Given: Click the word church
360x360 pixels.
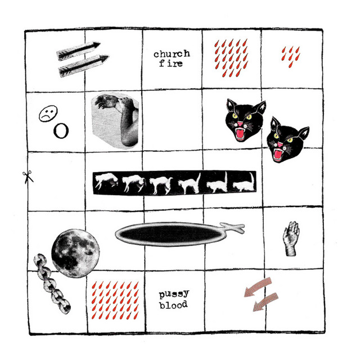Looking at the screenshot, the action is [x=172, y=54].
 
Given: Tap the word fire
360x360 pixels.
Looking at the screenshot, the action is [x=171, y=63].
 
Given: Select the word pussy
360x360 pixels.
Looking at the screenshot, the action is [x=174, y=295].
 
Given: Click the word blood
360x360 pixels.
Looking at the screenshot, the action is [x=174, y=305].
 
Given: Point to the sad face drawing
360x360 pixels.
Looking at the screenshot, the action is [x=48, y=114].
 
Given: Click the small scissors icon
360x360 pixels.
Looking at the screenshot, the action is [x=28, y=177].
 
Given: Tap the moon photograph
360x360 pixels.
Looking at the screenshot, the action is [x=75, y=253].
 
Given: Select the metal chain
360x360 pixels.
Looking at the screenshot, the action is [x=52, y=283].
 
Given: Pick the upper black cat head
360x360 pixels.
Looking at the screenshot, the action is [x=245, y=119].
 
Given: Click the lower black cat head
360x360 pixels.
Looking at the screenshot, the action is [x=287, y=139].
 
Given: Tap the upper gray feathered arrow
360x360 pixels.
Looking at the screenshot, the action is [x=78, y=51].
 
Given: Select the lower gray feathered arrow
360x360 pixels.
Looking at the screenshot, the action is [x=83, y=66].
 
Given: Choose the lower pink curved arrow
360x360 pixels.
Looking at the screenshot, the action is [x=265, y=302].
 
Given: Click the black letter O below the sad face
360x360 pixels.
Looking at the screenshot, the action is [x=61, y=131].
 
